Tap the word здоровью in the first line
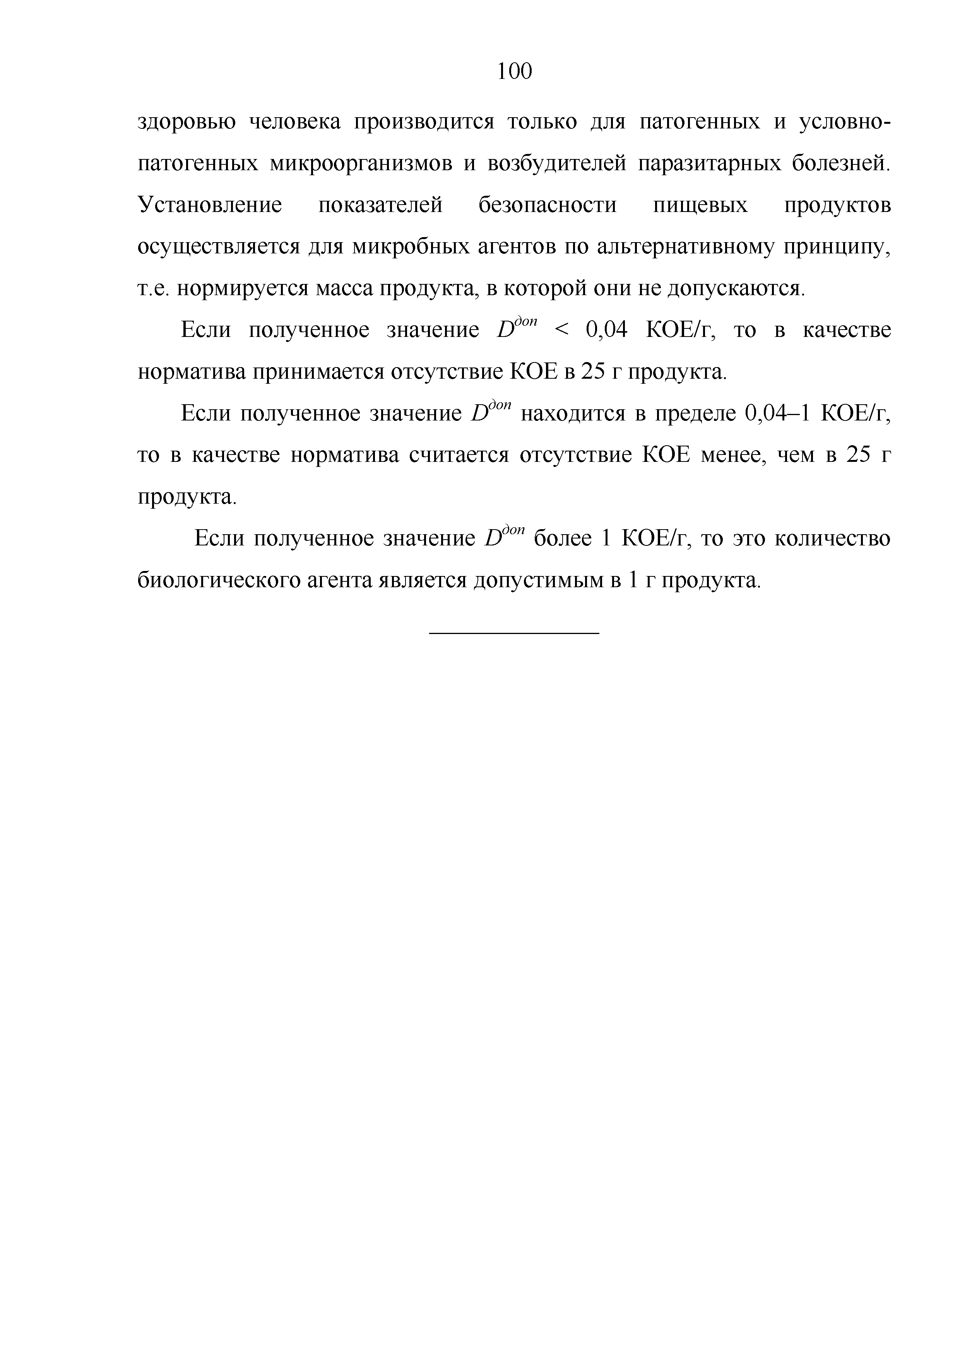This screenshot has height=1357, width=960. (187, 122)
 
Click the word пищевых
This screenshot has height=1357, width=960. (700, 205)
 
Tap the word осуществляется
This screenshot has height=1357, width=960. (219, 247)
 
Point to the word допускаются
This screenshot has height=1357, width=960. (735, 289)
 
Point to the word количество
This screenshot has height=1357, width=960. (832, 539)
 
